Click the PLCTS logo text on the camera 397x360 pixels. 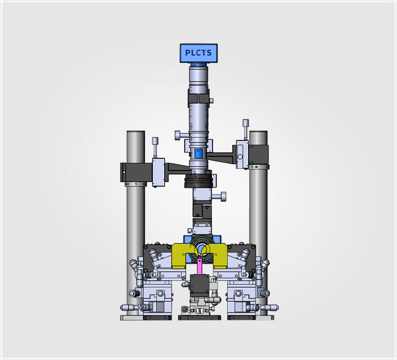click(x=198, y=53)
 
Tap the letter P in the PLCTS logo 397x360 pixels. click(x=188, y=53)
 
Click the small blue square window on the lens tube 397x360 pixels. click(x=198, y=153)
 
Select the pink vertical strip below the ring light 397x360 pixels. click(x=199, y=266)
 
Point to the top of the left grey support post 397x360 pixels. click(x=135, y=132)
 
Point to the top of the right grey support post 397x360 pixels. click(x=258, y=132)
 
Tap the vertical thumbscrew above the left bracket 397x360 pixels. click(x=155, y=147)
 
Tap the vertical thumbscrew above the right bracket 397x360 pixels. click(x=246, y=129)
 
